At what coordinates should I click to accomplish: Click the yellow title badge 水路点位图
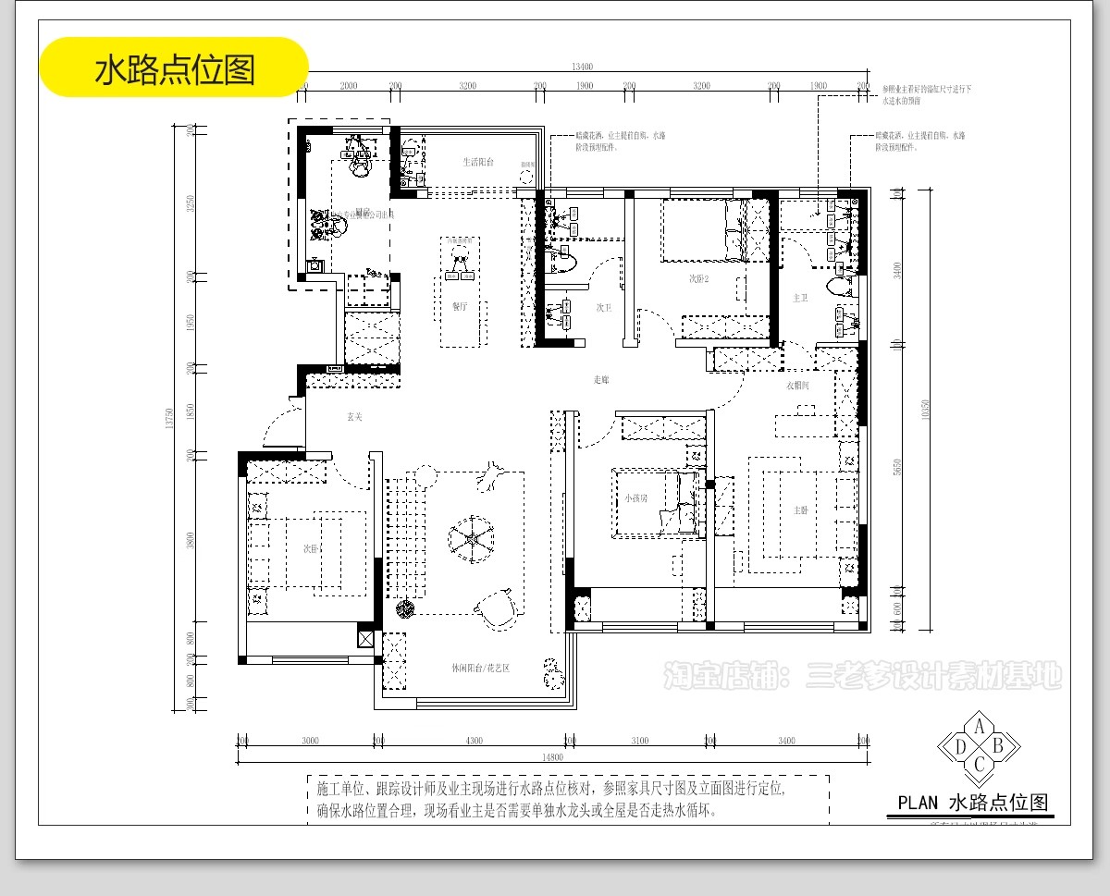point(174,68)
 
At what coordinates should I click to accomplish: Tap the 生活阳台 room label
point(478,162)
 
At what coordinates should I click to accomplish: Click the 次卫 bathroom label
point(603,307)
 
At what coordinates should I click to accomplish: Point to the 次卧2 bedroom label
point(698,278)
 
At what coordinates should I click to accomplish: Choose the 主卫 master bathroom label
point(801,298)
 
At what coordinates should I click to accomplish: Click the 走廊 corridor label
point(601,379)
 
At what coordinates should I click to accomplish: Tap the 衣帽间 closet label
point(798,386)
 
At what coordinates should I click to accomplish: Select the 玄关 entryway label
point(354,417)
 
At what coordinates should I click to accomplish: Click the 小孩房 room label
point(636,497)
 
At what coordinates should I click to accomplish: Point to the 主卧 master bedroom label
point(801,509)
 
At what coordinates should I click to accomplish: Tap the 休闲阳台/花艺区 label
point(481,668)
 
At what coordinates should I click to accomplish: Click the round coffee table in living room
point(472,538)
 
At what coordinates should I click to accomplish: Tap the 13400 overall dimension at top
point(582,66)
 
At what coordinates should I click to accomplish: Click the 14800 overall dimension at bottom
point(552,757)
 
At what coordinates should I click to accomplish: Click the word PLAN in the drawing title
point(918,803)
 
